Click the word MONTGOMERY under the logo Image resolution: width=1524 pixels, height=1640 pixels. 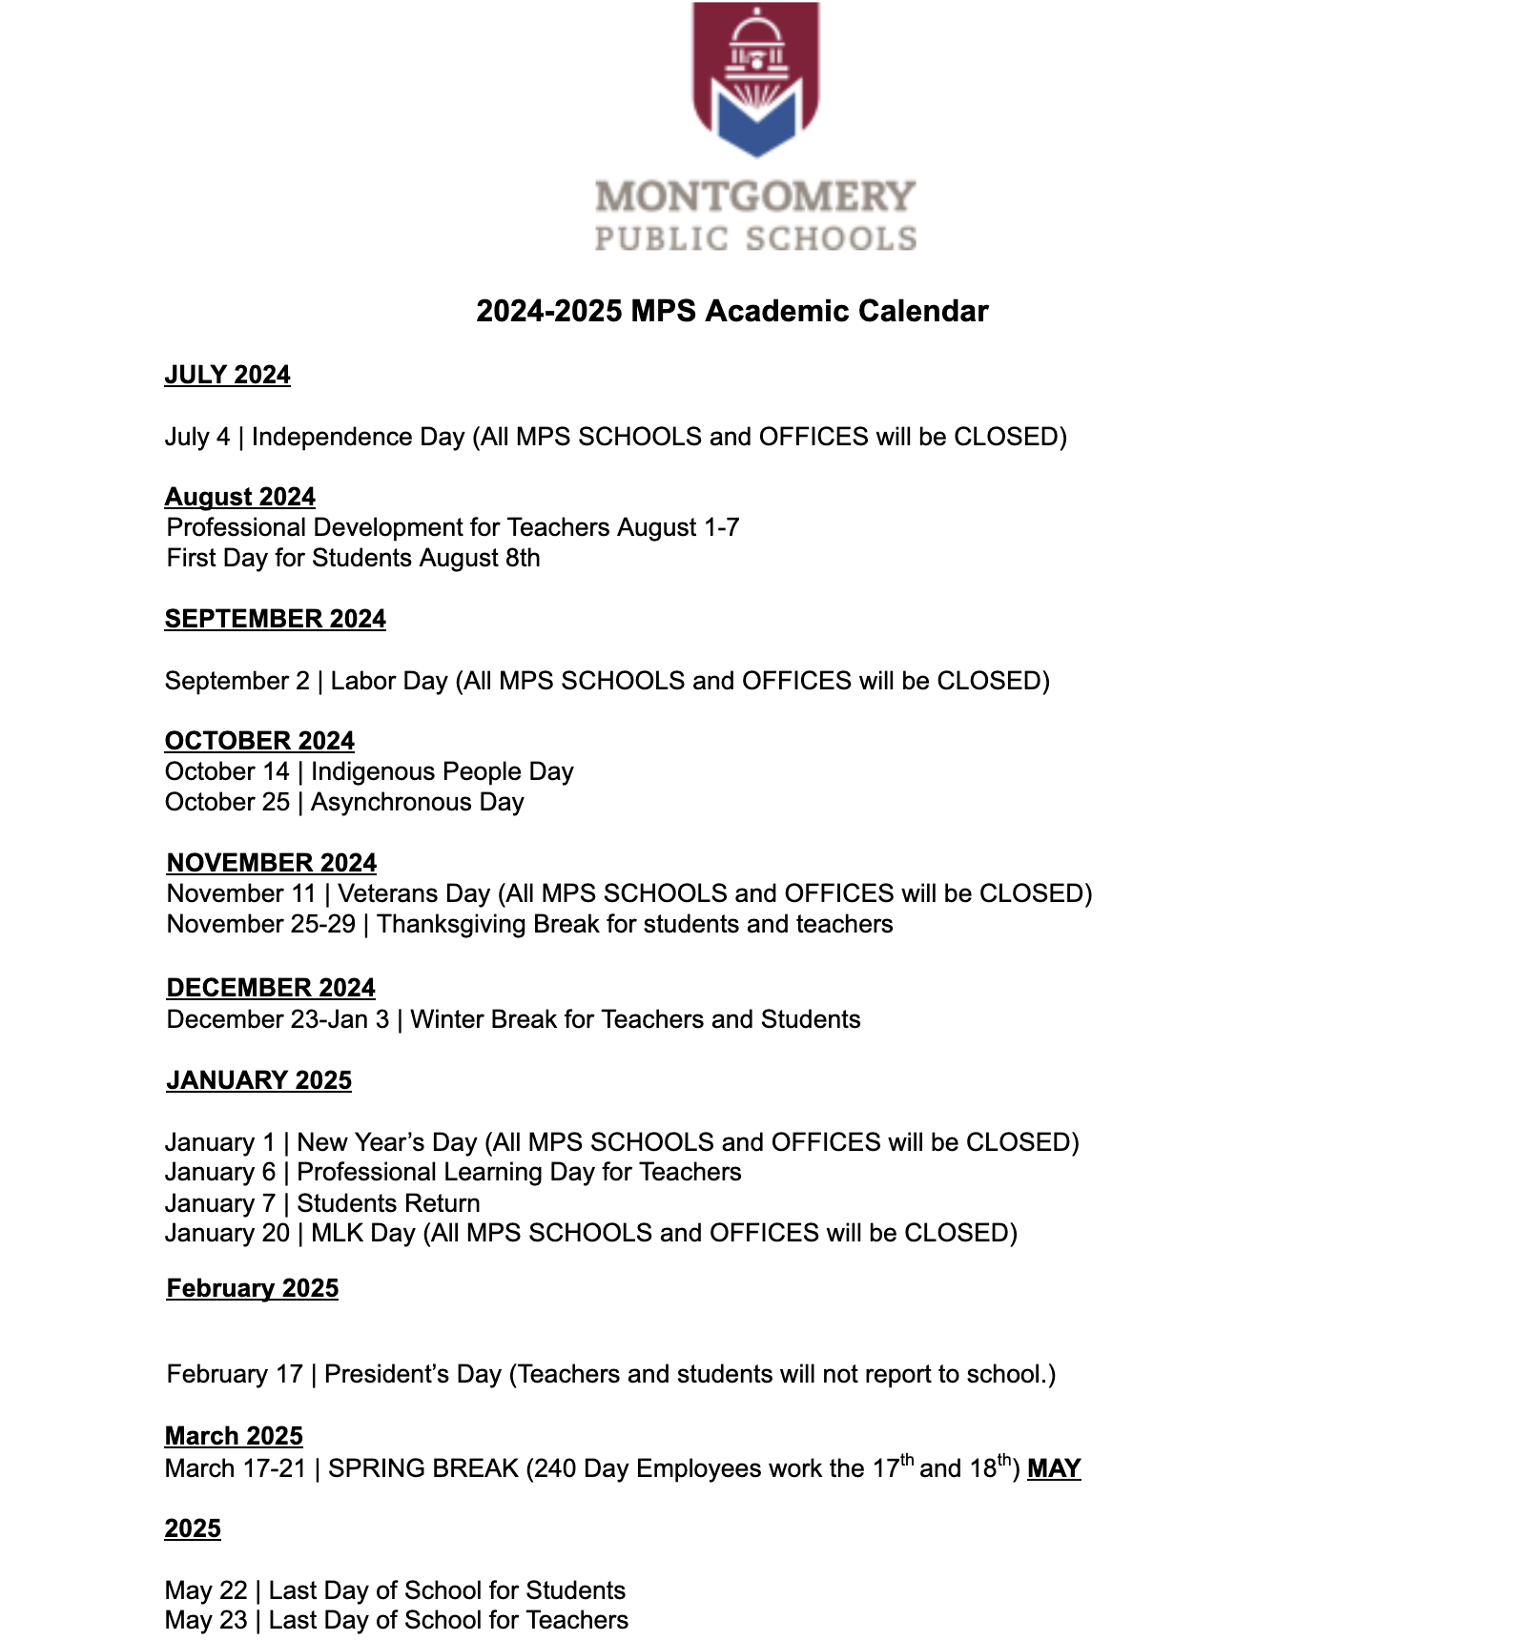[x=755, y=196]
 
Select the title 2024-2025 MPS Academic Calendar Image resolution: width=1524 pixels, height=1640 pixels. [x=731, y=311]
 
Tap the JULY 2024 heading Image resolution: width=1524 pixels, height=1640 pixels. [x=227, y=375]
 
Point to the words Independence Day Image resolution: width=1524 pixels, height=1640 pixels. [x=358, y=437]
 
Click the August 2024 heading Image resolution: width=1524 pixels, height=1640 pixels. [x=239, y=497]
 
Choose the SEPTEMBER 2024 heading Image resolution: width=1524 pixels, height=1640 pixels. [x=275, y=619]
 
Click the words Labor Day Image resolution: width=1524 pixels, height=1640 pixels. [x=389, y=681]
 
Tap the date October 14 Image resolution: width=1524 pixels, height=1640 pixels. [x=227, y=771]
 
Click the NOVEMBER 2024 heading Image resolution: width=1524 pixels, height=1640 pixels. [x=272, y=863]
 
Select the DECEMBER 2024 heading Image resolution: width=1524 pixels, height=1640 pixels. [x=271, y=988]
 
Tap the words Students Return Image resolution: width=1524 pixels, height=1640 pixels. [x=388, y=1203]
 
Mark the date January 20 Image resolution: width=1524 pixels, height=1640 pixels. [x=227, y=1233]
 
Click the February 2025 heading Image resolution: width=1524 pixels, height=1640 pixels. [x=253, y=1288]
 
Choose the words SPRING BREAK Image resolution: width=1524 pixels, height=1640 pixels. [x=423, y=1468]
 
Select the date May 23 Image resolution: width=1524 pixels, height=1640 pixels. [x=206, y=1620]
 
